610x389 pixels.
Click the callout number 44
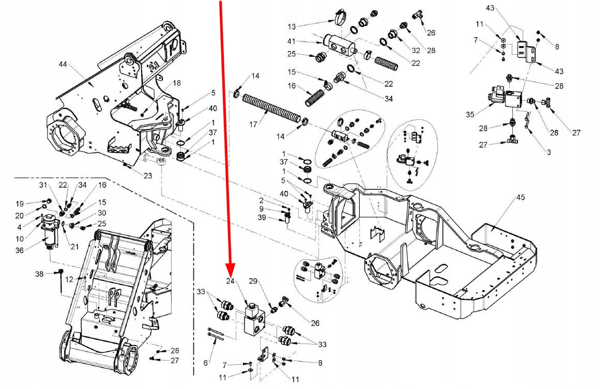pos(63,65)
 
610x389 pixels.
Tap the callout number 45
pos(521,197)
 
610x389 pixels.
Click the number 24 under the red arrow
pos(231,282)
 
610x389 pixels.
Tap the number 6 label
pos(206,363)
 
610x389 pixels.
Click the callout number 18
pos(177,83)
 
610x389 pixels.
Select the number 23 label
pos(148,176)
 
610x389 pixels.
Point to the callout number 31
pos(43,186)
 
